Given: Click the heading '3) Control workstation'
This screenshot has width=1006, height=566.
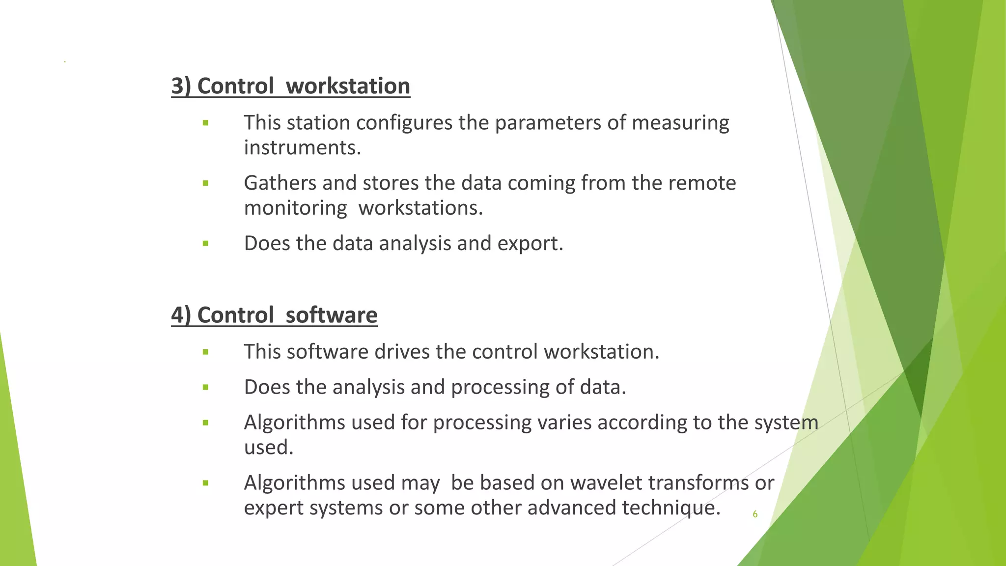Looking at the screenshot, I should tap(290, 86).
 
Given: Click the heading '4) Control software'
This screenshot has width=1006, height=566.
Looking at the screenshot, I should tap(274, 315).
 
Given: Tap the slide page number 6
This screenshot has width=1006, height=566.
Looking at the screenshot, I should tap(755, 514).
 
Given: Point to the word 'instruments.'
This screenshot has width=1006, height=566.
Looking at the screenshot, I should tap(303, 148).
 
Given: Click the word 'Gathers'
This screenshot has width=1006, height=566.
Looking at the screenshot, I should tap(280, 183).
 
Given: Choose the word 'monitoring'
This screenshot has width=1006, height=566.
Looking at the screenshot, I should tap(295, 208).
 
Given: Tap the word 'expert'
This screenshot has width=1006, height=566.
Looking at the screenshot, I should tap(273, 508).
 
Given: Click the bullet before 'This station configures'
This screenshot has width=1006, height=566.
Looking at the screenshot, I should tap(205, 123).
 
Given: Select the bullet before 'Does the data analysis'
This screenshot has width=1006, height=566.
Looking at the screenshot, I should tap(205, 244).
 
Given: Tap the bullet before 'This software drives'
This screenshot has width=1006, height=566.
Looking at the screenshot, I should tap(205, 352).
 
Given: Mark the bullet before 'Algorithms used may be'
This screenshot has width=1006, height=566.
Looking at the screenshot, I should tap(205, 483).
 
